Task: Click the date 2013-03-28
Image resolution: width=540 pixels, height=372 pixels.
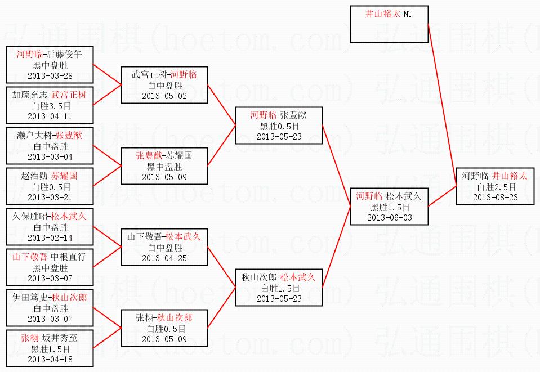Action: pyautogui.click(x=50, y=75)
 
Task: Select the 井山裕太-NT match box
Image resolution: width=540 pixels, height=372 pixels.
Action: pyautogui.click(x=389, y=24)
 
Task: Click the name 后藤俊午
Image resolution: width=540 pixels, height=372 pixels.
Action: pyautogui.click(x=65, y=55)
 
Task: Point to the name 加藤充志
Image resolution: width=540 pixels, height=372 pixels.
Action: pyautogui.click(x=29, y=95)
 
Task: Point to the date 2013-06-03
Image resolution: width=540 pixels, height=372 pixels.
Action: pyautogui.click(x=389, y=217)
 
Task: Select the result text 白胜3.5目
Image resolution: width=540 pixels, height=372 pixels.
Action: pyautogui.click(x=50, y=105)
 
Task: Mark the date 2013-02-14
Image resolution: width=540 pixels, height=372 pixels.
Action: pyautogui.click(x=50, y=237)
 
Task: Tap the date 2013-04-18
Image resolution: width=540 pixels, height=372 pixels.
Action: pyautogui.click(x=50, y=358)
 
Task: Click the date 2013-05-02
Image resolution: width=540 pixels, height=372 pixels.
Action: pyautogui.click(x=164, y=95)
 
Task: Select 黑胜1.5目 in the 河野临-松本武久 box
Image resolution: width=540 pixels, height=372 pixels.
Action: pyautogui.click(x=389, y=207)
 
